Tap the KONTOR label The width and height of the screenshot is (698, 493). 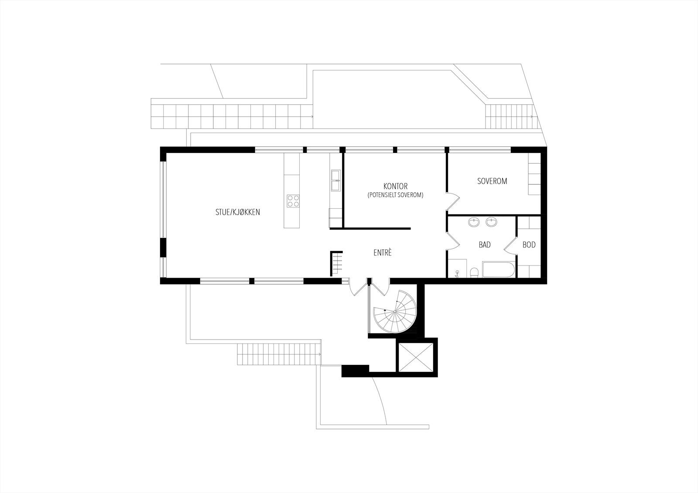396,187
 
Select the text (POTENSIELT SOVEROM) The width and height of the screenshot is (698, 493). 396,195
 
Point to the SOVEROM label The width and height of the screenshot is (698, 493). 492,181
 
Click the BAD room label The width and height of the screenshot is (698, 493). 485,245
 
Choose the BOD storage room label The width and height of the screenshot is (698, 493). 529,245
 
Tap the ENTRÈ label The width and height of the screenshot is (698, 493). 383,253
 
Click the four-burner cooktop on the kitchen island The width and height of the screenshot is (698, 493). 293,201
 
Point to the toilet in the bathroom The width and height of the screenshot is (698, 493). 475,272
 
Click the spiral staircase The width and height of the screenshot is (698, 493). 395,311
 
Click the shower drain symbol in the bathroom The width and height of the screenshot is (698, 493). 457,272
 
